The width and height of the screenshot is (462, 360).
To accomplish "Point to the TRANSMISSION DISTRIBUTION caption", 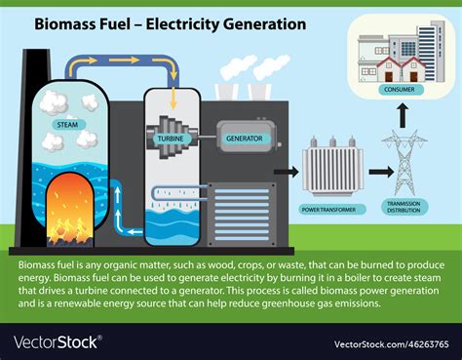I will [x=404, y=208].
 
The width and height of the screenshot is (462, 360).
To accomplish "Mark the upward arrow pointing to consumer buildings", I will [x=404, y=114].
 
